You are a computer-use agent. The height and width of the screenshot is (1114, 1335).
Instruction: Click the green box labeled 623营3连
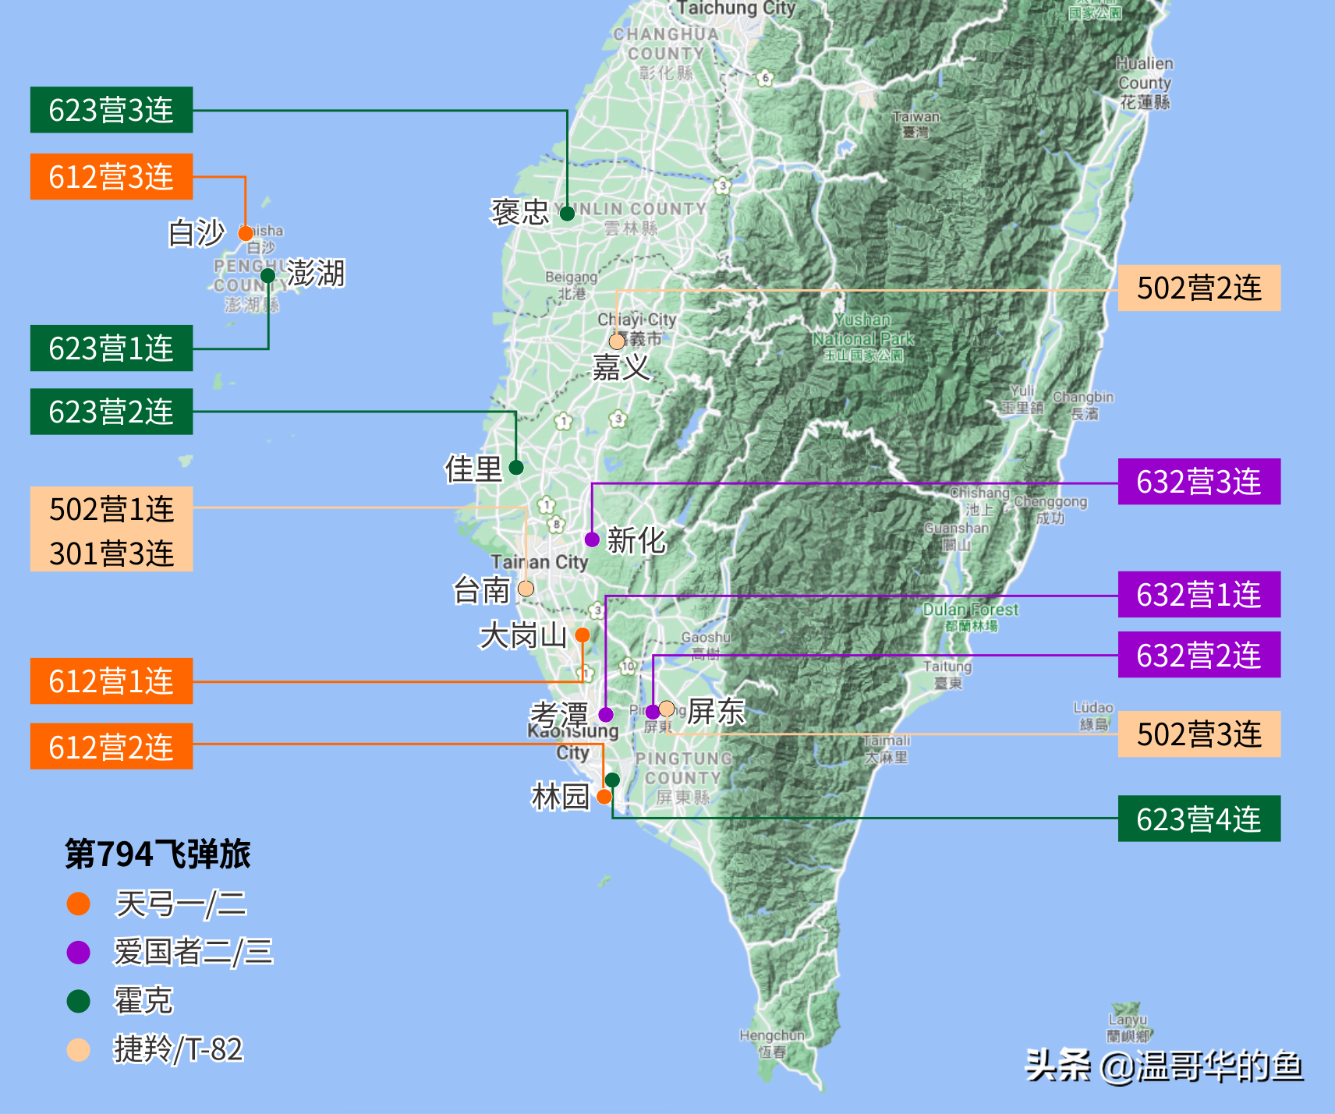[x=112, y=110]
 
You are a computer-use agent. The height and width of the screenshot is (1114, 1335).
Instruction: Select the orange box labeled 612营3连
[x=112, y=177]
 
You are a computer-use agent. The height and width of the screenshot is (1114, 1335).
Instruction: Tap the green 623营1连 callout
[x=112, y=348]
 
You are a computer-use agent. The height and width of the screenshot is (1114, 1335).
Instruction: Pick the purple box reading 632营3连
[x=1199, y=482]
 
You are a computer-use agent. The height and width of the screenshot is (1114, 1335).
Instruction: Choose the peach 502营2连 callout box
[x=1199, y=288]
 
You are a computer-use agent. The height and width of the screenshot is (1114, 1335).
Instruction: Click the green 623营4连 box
[x=1199, y=819]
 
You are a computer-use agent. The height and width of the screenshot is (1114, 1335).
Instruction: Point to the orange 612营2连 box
[x=112, y=747]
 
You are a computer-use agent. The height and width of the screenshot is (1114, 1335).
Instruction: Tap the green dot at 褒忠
[x=567, y=213]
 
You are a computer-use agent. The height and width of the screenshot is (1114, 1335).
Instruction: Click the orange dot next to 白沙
[x=246, y=233]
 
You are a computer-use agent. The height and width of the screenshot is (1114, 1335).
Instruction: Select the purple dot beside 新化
[x=592, y=539]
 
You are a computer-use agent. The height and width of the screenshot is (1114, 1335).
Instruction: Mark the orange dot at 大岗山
[x=582, y=635]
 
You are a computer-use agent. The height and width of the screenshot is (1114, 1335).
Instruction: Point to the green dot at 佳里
[x=516, y=468]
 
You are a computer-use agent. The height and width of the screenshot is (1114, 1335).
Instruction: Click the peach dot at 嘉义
[x=617, y=341]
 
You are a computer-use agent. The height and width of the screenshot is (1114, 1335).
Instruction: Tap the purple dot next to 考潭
[x=606, y=714]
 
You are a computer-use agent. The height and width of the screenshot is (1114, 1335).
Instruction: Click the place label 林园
[x=560, y=797]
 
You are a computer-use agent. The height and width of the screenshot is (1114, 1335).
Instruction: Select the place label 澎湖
[x=316, y=274]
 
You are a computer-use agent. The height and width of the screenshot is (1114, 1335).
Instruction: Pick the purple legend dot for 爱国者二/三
[x=79, y=953]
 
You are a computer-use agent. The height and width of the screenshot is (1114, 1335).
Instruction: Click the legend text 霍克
[x=143, y=1001]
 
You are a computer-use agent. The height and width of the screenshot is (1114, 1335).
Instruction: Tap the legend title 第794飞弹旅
[x=158, y=854]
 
